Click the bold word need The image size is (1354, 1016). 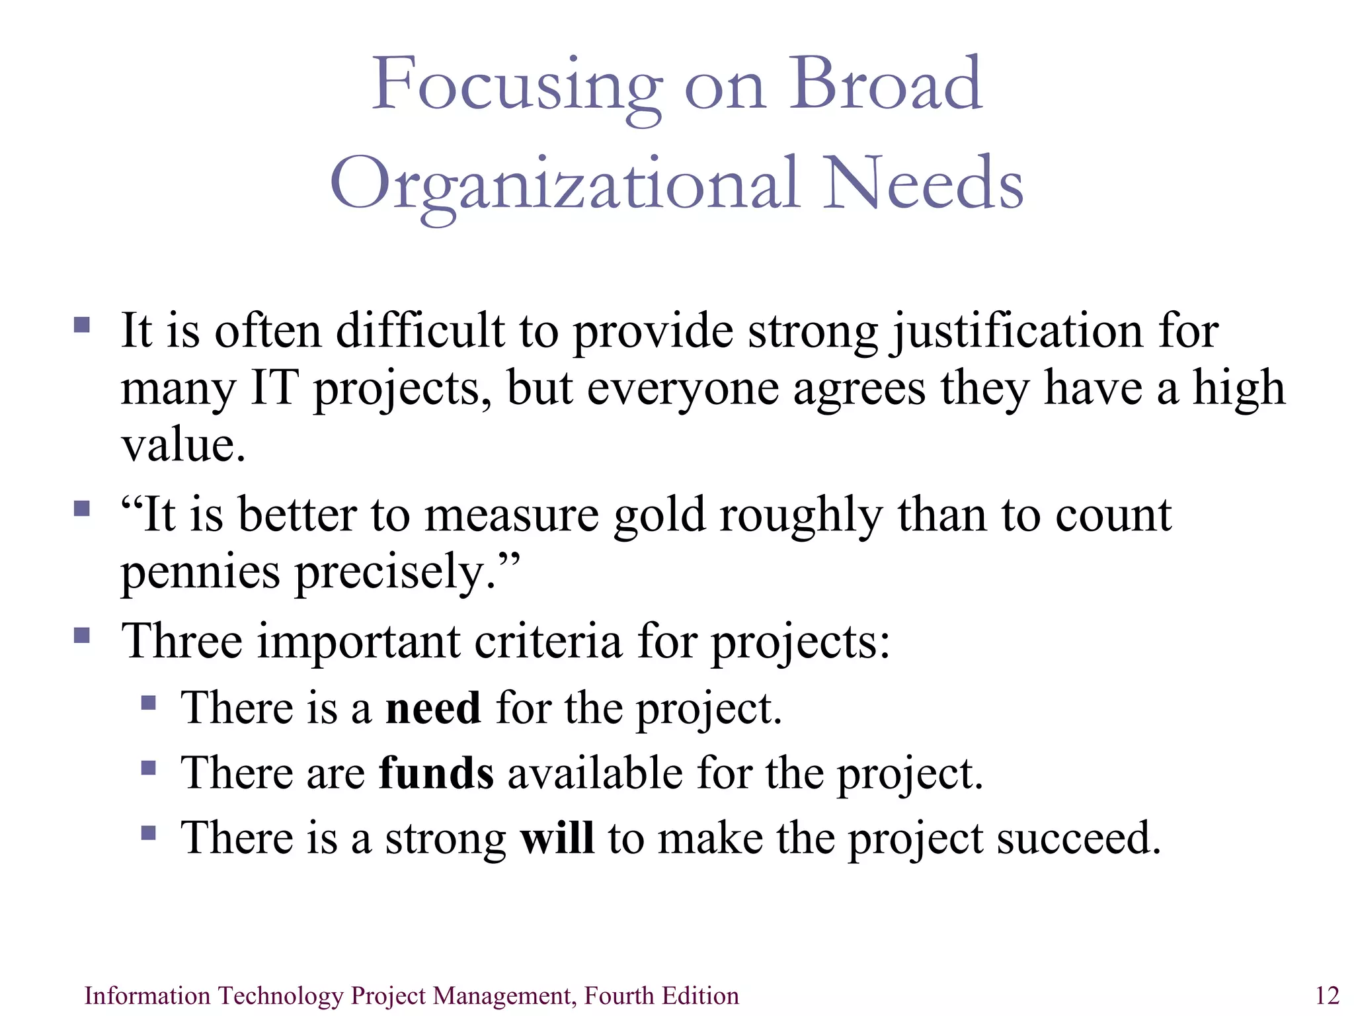pyautogui.click(x=433, y=708)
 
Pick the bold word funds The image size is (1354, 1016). pyautogui.click(x=436, y=773)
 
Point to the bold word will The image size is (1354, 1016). pyautogui.click(x=557, y=837)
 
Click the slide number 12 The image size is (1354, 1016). pyautogui.click(x=1327, y=995)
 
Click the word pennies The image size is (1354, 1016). pyautogui.click(x=200, y=573)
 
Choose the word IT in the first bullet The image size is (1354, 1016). pyautogui.click(x=274, y=388)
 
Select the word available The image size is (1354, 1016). pyautogui.click(x=595, y=773)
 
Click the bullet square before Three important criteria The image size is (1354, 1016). pyautogui.click(x=82, y=636)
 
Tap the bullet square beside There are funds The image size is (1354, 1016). pyautogui.click(x=149, y=767)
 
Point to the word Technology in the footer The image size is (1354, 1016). pyautogui.click(x=280, y=995)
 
